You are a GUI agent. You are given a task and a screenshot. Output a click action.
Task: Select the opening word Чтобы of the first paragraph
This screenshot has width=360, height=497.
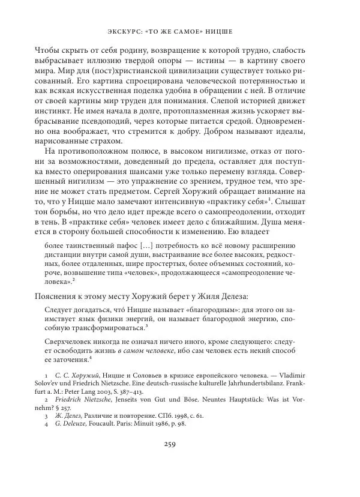[48, 50]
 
